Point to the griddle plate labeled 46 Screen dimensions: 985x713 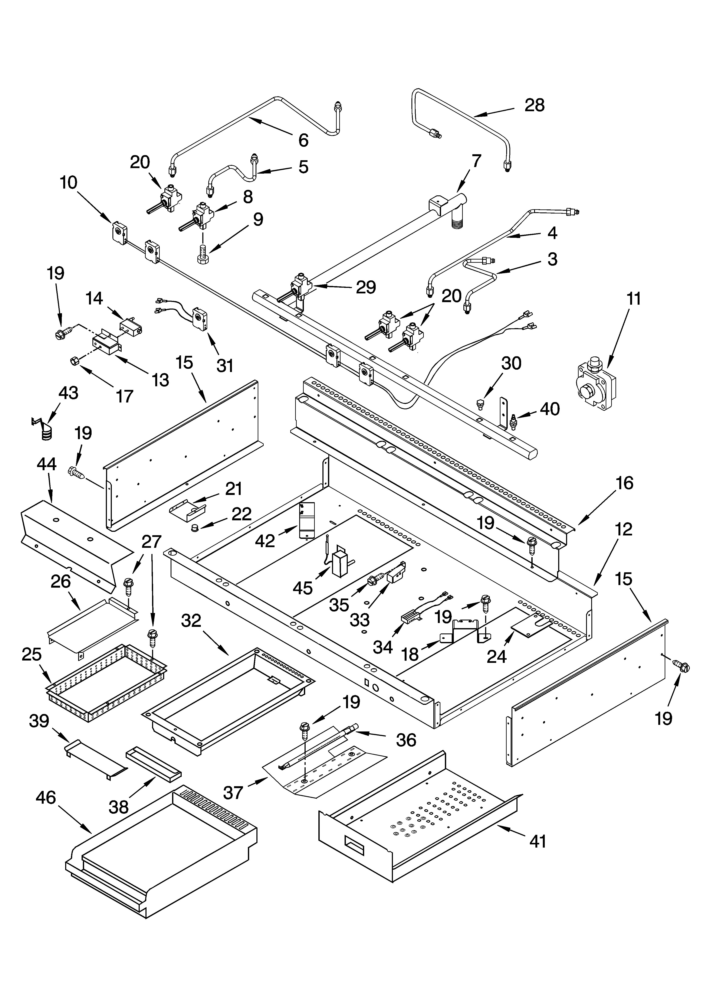(161, 858)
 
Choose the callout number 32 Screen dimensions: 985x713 (191, 621)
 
